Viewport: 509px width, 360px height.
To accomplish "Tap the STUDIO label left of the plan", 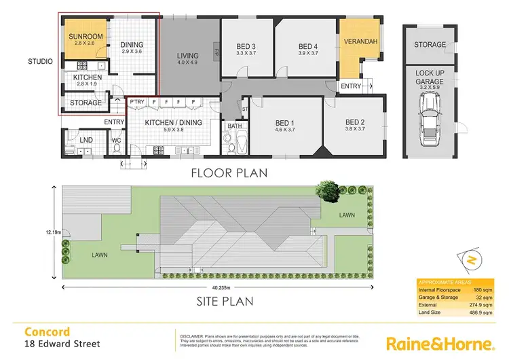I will pos(41,62).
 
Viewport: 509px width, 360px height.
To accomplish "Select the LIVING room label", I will pos(188,56).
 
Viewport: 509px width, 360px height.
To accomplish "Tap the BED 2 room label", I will pos(355,123).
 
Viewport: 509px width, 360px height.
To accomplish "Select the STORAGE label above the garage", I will pos(430,45).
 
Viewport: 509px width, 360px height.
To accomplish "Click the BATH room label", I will pos(235,126).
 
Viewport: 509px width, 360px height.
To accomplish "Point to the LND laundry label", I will pos(86,141).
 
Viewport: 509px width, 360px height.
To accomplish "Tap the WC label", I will pos(116,141).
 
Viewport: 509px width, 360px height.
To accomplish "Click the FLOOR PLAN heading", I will pos(229,173).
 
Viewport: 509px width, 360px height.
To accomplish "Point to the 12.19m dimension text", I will pos(52,232).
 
